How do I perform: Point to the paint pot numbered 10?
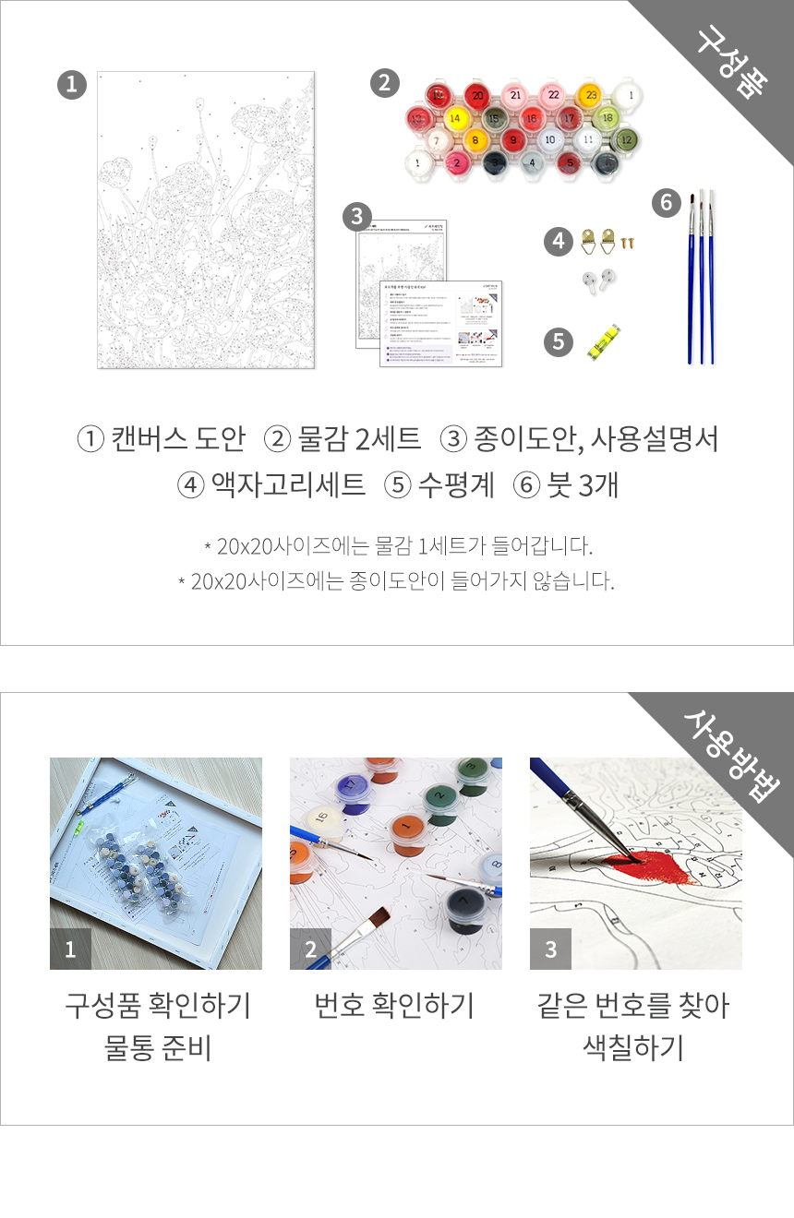click(x=550, y=140)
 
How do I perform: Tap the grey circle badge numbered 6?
click(x=667, y=202)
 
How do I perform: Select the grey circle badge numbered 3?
click(x=356, y=218)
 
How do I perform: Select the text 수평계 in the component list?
click(x=456, y=484)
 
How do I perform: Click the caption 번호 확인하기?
click(x=394, y=1005)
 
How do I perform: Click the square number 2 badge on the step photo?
click(x=310, y=949)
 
